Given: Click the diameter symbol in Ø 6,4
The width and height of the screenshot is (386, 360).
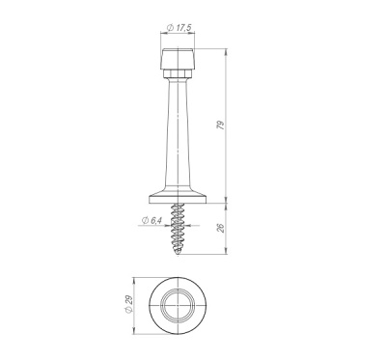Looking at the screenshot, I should click(145, 221).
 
